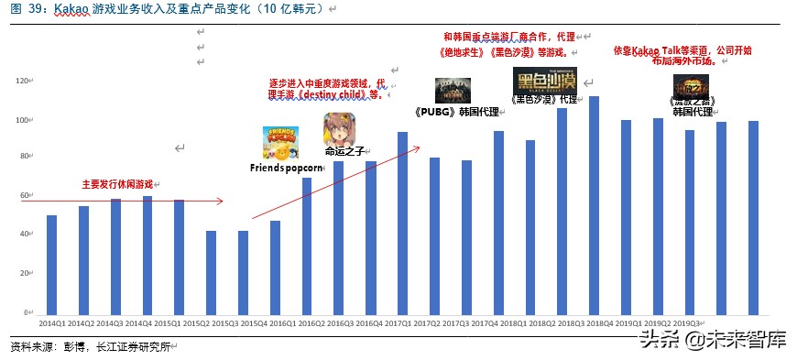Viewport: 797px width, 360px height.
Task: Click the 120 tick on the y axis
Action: point(23,81)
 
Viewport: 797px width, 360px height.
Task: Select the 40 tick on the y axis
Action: point(25,235)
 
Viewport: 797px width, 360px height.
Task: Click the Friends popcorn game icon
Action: point(280,142)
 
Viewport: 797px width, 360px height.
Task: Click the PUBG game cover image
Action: point(453,92)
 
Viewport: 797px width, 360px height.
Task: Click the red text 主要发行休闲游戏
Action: point(117,184)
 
